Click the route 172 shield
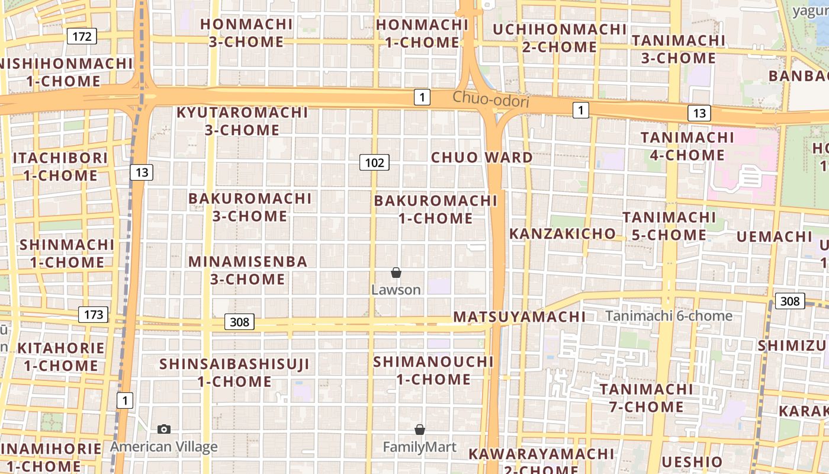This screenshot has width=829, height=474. tap(82, 37)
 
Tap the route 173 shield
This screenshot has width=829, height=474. tap(94, 315)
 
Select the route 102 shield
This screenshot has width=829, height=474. tap(374, 162)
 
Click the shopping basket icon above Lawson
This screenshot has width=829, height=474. tap(396, 273)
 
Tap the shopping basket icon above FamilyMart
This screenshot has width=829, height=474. tap(420, 430)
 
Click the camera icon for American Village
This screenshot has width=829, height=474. tap(164, 429)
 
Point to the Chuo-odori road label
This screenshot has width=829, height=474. tap(490, 100)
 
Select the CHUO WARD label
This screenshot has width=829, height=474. tap(482, 158)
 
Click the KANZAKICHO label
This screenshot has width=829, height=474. tap(563, 233)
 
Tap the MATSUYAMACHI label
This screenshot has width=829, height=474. tap(519, 317)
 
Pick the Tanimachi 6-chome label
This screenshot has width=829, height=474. tap(669, 316)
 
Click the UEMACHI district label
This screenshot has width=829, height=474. tap(775, 237)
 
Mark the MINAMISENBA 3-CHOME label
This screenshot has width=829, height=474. tap(248, 270)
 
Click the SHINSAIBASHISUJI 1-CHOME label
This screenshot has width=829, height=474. tap(234, 373)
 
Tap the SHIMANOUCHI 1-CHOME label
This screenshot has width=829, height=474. tap(433, 370)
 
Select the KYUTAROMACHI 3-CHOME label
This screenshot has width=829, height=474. tap(242, 121)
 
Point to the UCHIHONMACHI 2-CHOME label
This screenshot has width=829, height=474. tap(560, 38)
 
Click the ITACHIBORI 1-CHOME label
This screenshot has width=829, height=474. tap(60, 166)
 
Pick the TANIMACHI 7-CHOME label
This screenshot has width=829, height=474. tap(646, 398)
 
